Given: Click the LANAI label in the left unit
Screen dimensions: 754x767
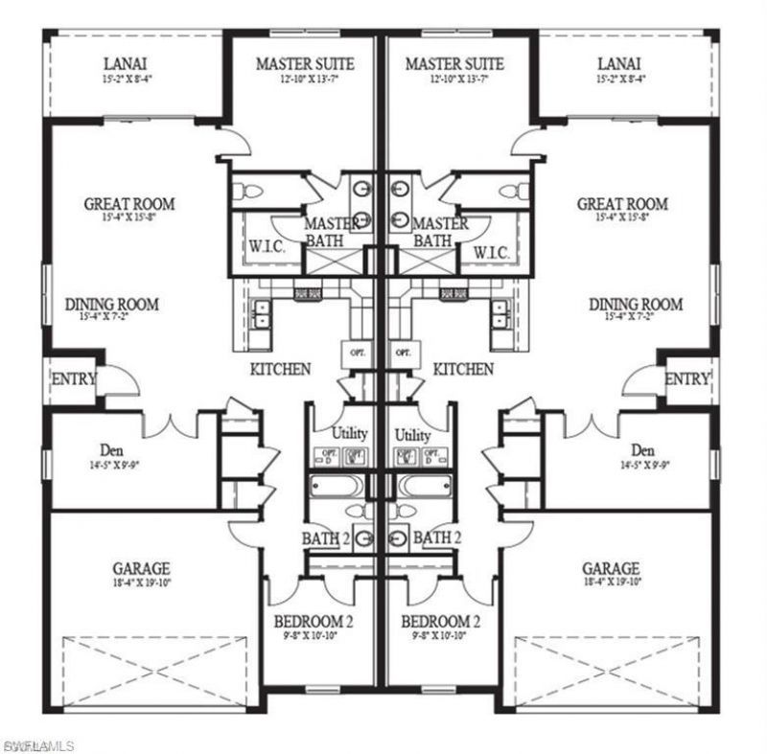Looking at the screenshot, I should (124, 64).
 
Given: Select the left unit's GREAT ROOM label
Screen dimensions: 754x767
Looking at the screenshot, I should (129, 204).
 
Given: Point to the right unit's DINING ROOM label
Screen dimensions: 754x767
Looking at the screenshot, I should (636, 305).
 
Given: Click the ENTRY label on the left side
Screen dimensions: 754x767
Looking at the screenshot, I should (73, 379).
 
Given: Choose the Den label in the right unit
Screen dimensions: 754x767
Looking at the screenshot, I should (642, 450).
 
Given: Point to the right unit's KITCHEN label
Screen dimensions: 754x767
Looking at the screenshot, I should (463, 369).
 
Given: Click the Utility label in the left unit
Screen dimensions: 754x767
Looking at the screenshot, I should (350, 433).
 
